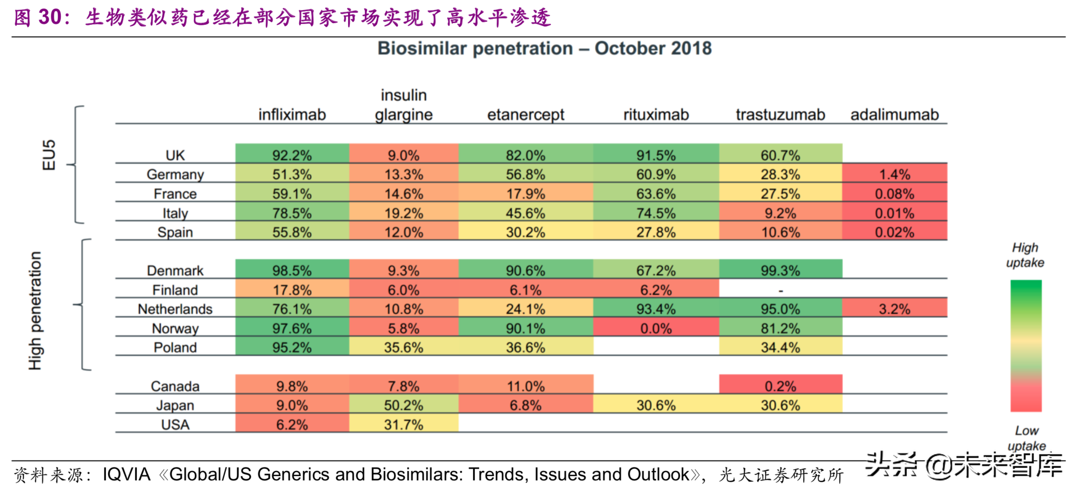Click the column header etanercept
(x=525, y=115)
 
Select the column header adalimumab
(x=894, y=115)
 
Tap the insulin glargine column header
(x=403, y=105)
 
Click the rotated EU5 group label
(x=49, y=155)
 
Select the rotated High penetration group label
(x=35, y=310)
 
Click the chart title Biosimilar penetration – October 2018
(x=544, y=49)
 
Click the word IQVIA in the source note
(x=126, y=475)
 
